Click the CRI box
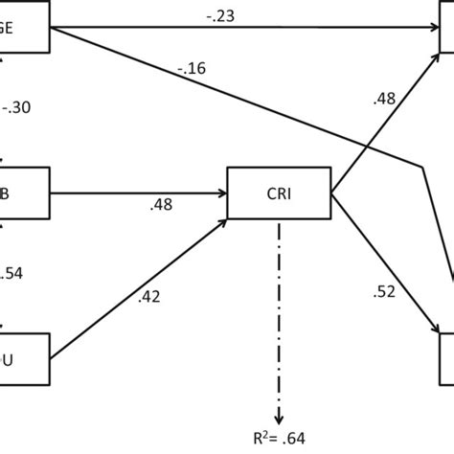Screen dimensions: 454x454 pos(279,193)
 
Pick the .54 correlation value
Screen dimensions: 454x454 pos(14,274)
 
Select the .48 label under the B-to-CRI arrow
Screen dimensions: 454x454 pos(161,205)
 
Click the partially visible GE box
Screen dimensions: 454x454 pos(24,26)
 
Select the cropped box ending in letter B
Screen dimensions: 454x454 pos(24,193)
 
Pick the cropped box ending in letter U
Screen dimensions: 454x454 pos(24,359)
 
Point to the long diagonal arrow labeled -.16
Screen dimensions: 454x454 pos(239,99)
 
